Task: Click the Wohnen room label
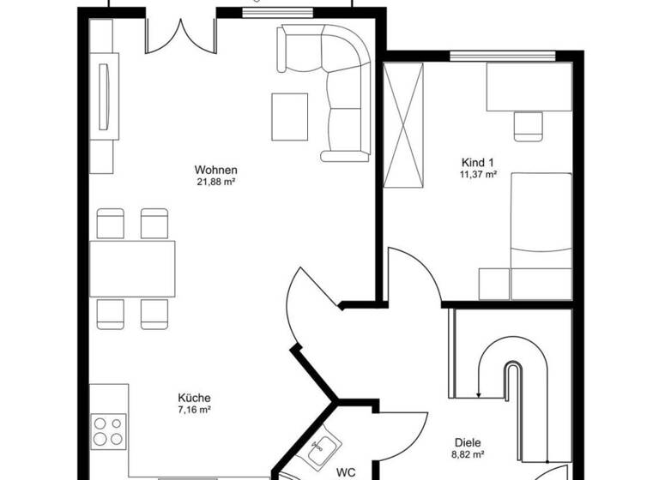click(x=215, y=170)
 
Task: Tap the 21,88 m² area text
click(x=215, y=182)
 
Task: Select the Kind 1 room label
click(x=478, y=162)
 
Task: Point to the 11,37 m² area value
click(x=478, y=174)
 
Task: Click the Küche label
click(x=194, y=398)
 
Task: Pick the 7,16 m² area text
click(x=194, y=410)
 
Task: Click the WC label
click(x=346, y=471)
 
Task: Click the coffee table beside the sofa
click(x=289, y=117)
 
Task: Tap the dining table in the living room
click(x=132, y=268)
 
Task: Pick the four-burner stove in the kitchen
click(x=109, y=430)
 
